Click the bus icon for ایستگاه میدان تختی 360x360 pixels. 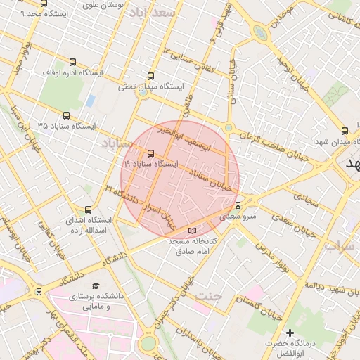coord(150,76)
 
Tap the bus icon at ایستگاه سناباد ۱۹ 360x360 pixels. coord(150,153)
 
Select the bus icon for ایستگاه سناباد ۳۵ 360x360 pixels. coord(66,115)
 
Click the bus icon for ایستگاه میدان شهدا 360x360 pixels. coord(344,131)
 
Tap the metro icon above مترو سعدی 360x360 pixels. coord(238,205)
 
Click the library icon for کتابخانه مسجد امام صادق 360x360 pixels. coord(193,231)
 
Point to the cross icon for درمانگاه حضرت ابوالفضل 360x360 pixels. coord(289,333)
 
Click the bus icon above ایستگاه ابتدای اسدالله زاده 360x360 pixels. coord(88,210)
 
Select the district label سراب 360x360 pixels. coord(345,246)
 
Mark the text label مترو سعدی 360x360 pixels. coord(238,217)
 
